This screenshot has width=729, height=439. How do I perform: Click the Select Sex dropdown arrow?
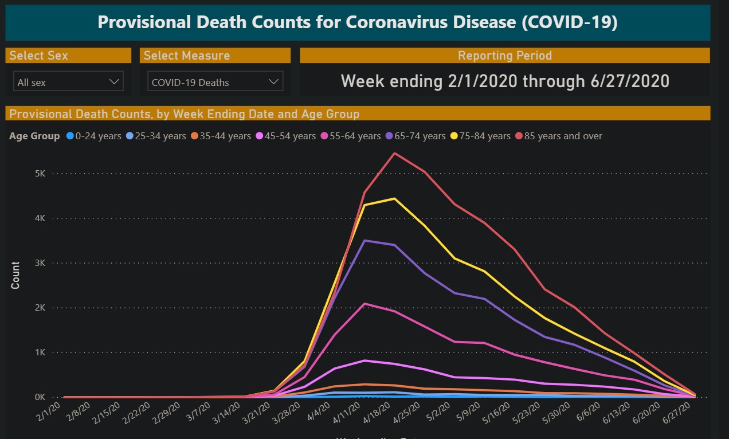tap(113, 82)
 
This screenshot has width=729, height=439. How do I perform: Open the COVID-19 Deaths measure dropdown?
tap(215, 82)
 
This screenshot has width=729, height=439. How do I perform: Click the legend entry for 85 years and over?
tap(559, 136)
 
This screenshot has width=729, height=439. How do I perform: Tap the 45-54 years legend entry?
tap(287, 136)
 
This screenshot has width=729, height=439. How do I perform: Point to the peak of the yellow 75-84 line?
tap(394, 198)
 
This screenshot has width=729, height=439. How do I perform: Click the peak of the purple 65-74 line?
tap(365, 241)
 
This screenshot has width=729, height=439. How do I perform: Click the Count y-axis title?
tap(15, 275)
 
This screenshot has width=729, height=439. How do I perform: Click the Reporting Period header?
tap(504, 56)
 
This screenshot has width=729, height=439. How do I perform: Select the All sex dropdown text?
tap(32, 83)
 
